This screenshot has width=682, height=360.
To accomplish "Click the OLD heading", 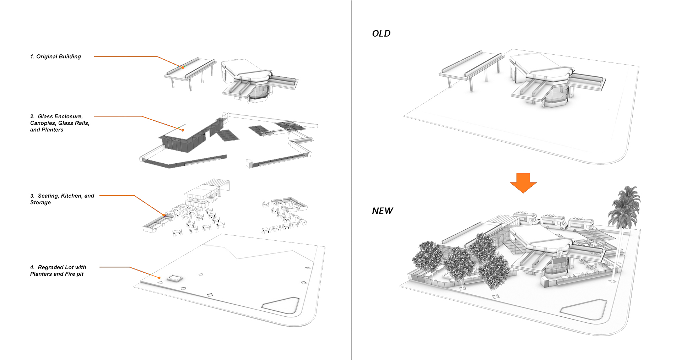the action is (x=381, y=33).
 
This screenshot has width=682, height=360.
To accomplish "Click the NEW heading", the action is (x=382, y=211).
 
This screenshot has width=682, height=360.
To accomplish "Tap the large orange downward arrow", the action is (x=523, y=183).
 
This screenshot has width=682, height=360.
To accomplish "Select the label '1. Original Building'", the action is (x=55, y=56).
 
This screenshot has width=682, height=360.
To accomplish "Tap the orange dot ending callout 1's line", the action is (x=183, y=67).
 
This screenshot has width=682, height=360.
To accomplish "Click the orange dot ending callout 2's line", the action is (x=183, y=130).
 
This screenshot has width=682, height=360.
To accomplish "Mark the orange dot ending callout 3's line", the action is (x=164, y=215).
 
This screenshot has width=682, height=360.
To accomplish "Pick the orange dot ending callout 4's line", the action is (x=159, y=278).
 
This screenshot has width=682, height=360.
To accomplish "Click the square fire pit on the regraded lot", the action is (x=174, y=278).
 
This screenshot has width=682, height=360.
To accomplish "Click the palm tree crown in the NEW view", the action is (x=624, y=206).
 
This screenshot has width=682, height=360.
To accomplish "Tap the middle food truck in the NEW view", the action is (x=553, y=222).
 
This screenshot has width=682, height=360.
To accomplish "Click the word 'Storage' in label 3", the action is (x=40, y=202).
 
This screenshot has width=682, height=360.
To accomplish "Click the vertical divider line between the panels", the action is (x=352, y=180).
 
